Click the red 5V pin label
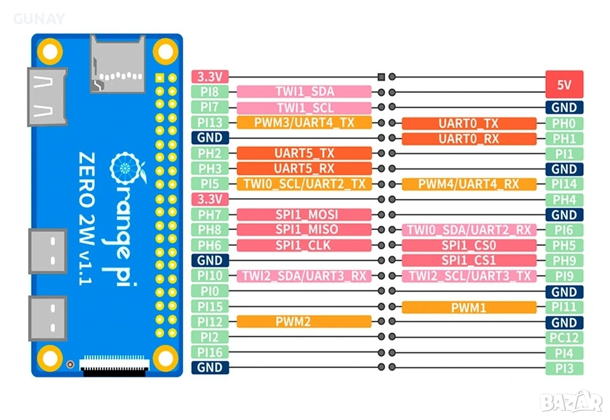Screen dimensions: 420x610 coord(564,84)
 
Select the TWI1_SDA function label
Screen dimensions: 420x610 coord(304,92)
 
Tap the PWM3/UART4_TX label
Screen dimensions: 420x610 coord(304,123)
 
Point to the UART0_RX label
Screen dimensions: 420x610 coord(469,138)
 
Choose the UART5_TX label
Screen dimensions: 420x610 coord(304,153)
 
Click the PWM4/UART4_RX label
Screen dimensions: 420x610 coord(469,184)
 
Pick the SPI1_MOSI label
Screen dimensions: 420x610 coord(304,215)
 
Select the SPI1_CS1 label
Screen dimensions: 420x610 coord(469,261)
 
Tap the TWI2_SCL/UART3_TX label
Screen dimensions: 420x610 coord(469,276)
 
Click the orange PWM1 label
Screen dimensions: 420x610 coord(469,307)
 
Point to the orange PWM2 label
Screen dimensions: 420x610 coord(304,322)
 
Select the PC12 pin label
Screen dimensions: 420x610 coord(564,337)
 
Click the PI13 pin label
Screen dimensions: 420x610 coord(210,123)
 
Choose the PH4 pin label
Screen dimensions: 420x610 coord(564,200)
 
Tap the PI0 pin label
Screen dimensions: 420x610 coord(210,291)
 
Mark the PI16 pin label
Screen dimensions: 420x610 coord(210,352)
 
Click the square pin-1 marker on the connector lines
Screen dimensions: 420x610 coord(381,77)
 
